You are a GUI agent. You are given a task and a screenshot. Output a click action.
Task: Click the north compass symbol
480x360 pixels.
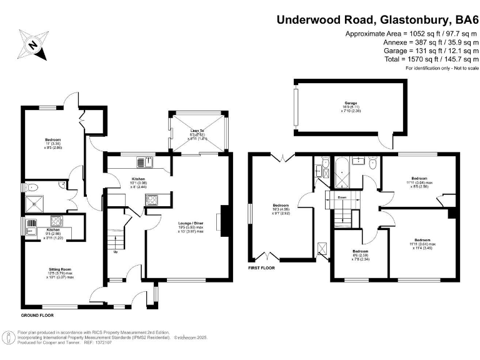click(32, 45)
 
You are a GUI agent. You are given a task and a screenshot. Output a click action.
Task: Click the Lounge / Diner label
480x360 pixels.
click(190, 225)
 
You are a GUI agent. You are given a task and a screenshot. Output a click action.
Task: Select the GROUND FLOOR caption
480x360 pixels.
click(38, 316)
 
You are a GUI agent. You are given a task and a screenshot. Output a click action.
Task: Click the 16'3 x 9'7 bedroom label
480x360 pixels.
click(280, 209)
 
